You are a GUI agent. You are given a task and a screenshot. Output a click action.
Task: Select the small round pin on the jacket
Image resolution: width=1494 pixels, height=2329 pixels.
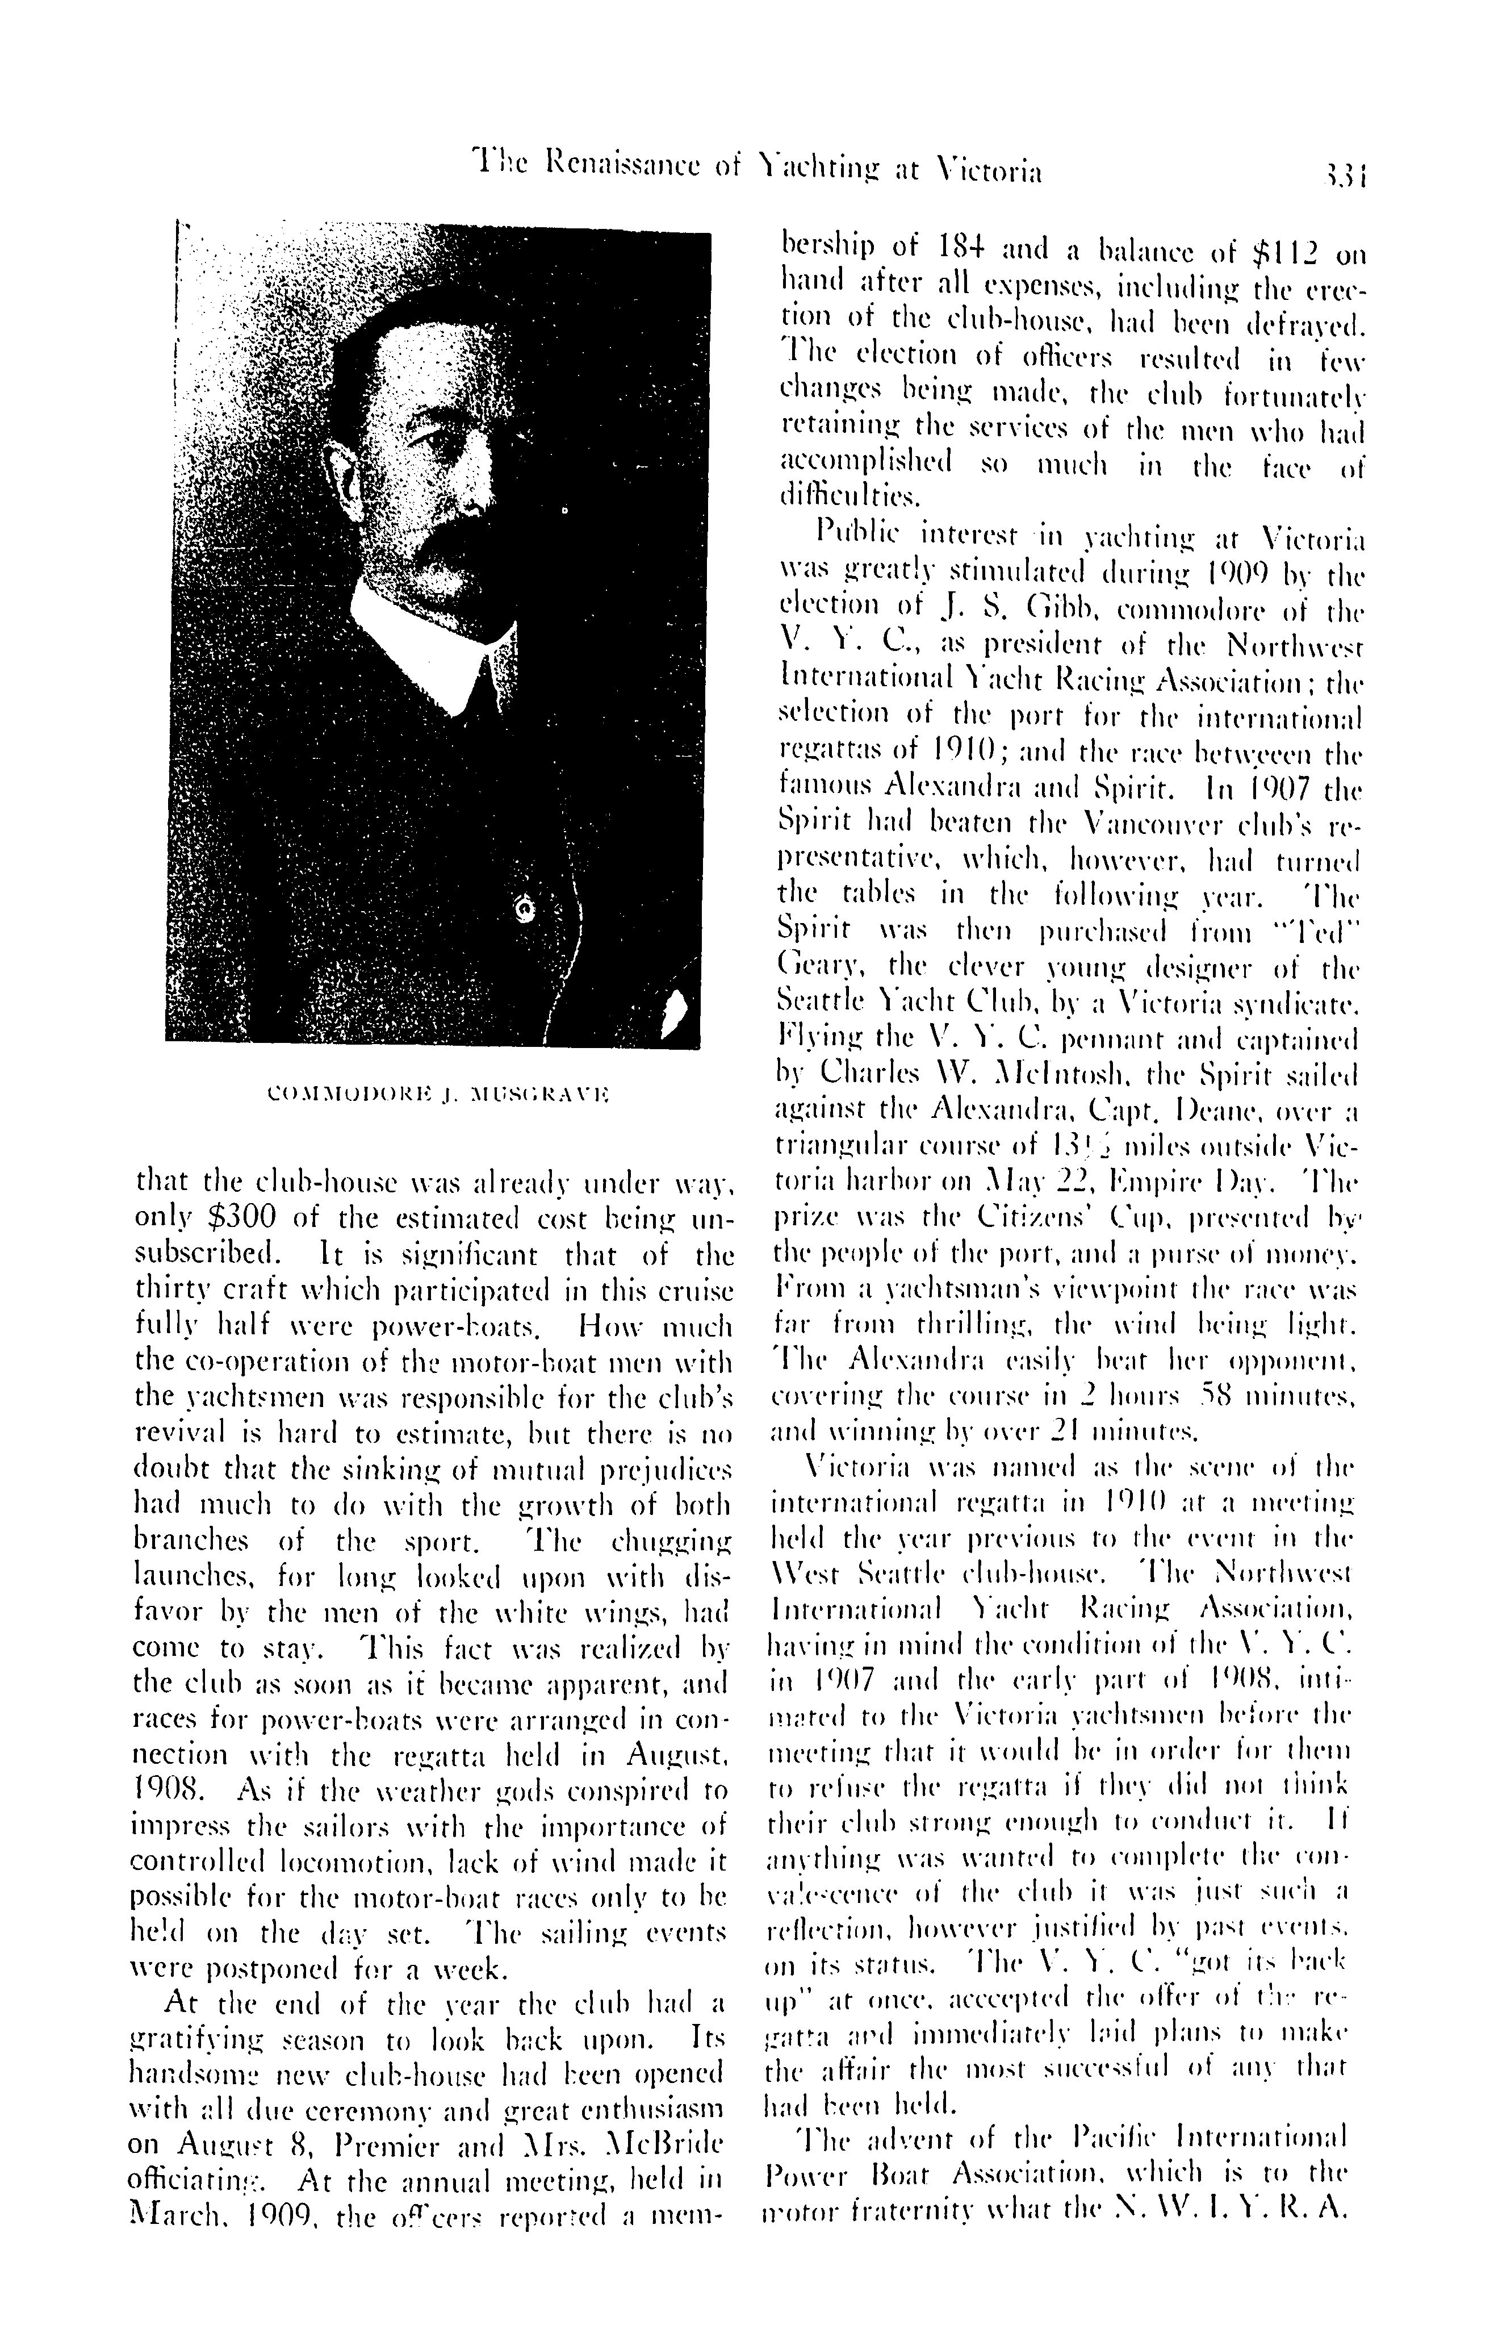click(526, 909)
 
